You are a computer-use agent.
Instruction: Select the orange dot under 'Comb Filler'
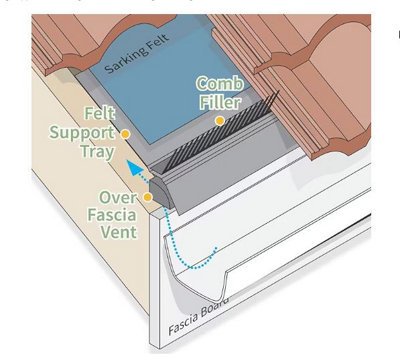pyautogui.click(x=219, y=121)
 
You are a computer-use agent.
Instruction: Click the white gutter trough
pyautogui.click(x=280, y=260)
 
